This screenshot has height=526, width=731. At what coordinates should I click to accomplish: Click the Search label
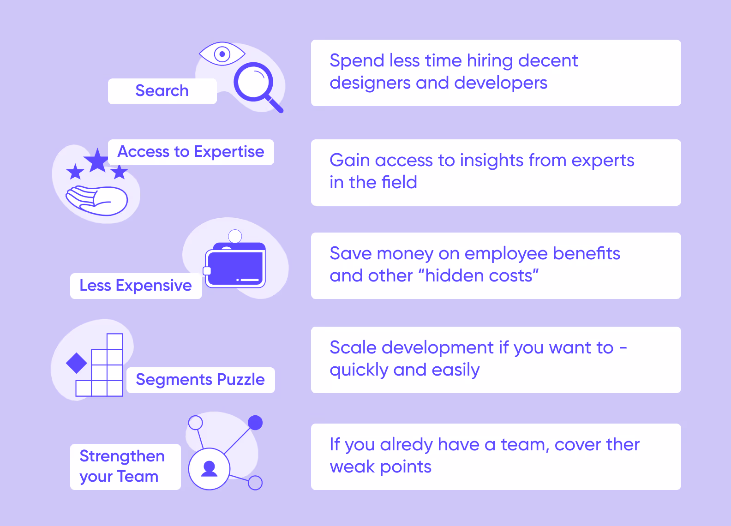162,91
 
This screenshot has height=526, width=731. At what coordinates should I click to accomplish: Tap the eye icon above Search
222,54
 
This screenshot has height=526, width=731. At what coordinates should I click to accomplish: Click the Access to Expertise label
191,152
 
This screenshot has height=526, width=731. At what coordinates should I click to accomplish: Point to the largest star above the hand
97,161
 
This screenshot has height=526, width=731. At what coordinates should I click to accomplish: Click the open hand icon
97,200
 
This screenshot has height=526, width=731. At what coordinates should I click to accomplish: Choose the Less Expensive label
136,286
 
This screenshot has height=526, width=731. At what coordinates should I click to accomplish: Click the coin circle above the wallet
235,236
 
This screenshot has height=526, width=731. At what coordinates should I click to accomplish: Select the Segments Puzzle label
200,380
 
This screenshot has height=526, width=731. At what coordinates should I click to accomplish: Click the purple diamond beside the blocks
77,363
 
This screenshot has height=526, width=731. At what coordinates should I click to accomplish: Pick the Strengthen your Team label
122,466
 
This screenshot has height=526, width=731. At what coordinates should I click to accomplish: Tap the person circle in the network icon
209,469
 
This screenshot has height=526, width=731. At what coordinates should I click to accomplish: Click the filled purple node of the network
255,423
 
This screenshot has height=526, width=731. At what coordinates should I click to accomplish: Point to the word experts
603,161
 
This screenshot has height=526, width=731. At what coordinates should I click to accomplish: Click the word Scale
354,347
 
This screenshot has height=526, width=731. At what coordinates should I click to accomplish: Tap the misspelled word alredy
406,445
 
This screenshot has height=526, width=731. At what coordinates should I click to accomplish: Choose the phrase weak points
380,467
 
